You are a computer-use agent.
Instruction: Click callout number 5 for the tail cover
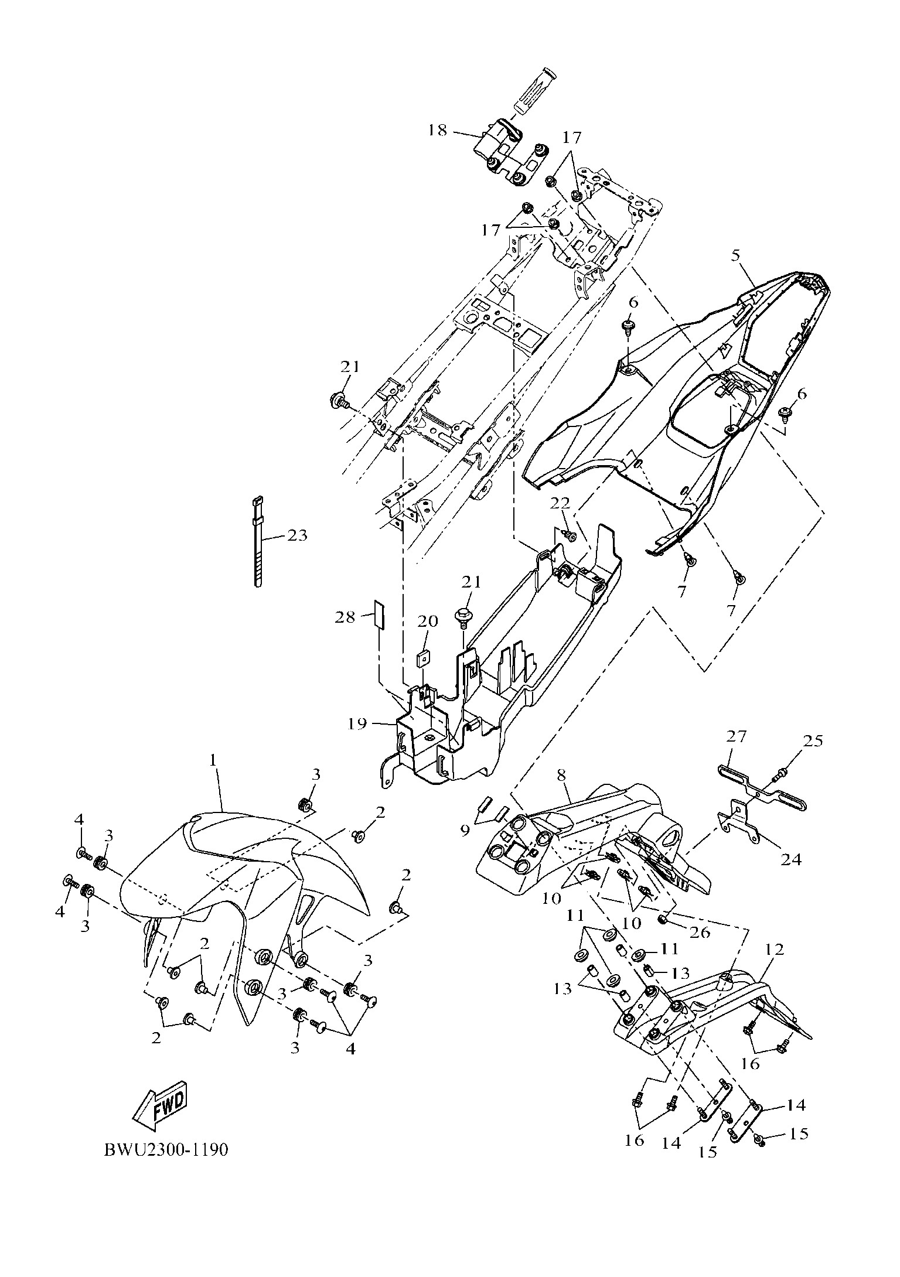tap(735, 255)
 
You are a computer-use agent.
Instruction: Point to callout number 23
tap(297, 535)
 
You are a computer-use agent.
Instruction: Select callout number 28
tap(345, 617)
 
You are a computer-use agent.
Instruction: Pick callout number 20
tap(427, 622)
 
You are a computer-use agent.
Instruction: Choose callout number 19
tap(357, 724)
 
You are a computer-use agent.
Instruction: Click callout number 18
tap(437, 129)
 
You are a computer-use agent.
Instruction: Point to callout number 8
tap(561, 775)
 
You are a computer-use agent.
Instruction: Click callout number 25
tap(813, 741)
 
